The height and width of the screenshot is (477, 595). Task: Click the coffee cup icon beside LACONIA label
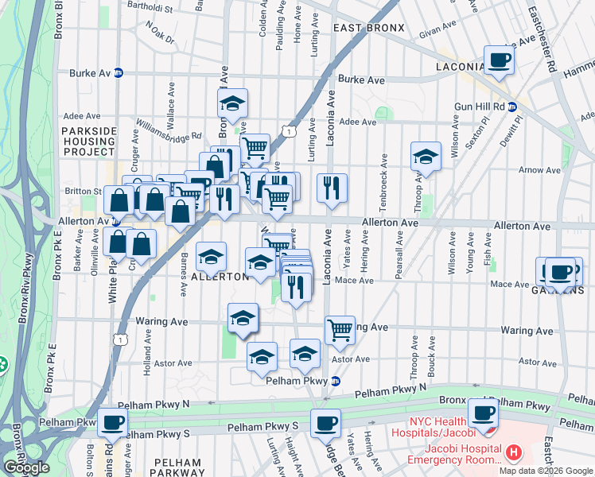pos(500,60)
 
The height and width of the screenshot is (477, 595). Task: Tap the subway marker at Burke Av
pos(119,72)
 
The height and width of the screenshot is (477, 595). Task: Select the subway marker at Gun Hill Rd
pos(512,107)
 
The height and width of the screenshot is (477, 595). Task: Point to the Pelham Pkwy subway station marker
pos(335,381)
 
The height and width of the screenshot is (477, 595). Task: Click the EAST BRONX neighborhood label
pos(368,28)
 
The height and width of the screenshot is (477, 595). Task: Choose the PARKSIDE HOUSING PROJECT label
pos(89,141)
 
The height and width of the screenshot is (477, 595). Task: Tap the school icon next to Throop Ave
pos(426,157)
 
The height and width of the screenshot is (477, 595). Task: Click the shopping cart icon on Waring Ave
pos(340,329)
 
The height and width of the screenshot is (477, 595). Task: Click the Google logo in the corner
pos(26,467)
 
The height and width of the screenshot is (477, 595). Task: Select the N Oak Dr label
pos(159,32)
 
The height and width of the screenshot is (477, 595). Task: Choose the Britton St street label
pos(82,191)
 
